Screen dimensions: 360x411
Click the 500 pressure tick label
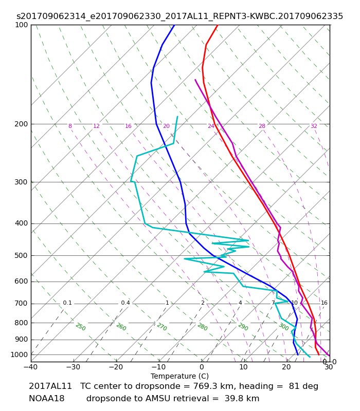pyautogui.click(x=21, y=255)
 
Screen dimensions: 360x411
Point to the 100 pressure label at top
pyautogui.click(x=21, y=25)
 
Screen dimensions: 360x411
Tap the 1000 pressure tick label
pyautogui.click(x=19, y=354)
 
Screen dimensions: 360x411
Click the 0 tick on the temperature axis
pyautogui.click(x=202, y=367)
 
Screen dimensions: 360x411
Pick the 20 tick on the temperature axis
pyautogui.click(x=286, y=367)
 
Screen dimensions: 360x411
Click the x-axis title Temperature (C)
pyautogui.click(x=179, y=376)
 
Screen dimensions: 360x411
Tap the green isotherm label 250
pyautogui.click(x=81, y=327)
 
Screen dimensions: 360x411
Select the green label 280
pyautogui.click(x=203, y=327)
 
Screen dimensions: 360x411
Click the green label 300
pyautogui.click(x=284, y=327)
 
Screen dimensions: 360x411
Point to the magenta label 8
pyautogui.click(x=70, y=126)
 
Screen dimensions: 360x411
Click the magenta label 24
pyautogui.click(x=211, y=126)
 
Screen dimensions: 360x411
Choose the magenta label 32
pyautogui.click(x=314, y=126)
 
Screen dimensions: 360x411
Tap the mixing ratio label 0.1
pyautogui.click(x=67, y=303)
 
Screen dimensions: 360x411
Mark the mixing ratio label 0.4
pyautogui.click(x=125, y=303)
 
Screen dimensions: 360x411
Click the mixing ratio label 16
pyautogui.click(x=324, y=303)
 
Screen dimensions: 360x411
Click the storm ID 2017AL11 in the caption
pyautogui.click(x=50, y=386)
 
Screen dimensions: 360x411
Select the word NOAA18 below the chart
pyautogui.click(x=46, y=399)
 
